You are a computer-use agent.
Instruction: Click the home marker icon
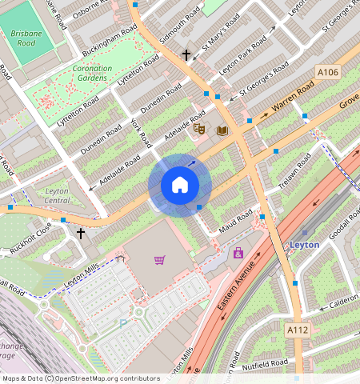pos(180,186)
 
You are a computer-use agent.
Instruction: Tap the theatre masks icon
pos(200,127)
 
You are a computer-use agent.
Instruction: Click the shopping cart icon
pos(160,260)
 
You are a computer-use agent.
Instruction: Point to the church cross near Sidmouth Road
pos(186,55)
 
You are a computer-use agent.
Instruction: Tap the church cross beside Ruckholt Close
pos(80,234)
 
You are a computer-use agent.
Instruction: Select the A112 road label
pos(296,328)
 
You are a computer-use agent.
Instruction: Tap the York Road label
pos(141,134)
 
